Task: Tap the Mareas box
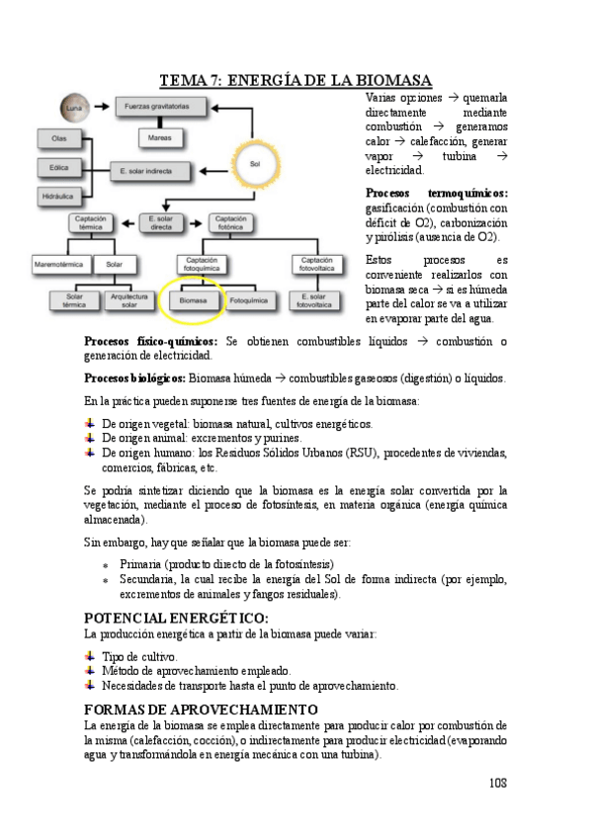click(160, 138)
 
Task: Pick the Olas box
click(59, 138)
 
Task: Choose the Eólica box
click(59, 168)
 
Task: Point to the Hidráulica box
click(59, 198)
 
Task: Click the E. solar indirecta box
click(145, 170)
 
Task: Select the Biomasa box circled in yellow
click(193, 295)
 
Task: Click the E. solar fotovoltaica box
click(319, 299)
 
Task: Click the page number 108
click(496, 782)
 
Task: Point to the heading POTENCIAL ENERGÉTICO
click(176, 618)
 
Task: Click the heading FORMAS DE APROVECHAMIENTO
click(201, 710)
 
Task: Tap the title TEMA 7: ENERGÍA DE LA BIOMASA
click(296, 81)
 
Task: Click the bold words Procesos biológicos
click(134, 378)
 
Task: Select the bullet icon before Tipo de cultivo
click(91, 655)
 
